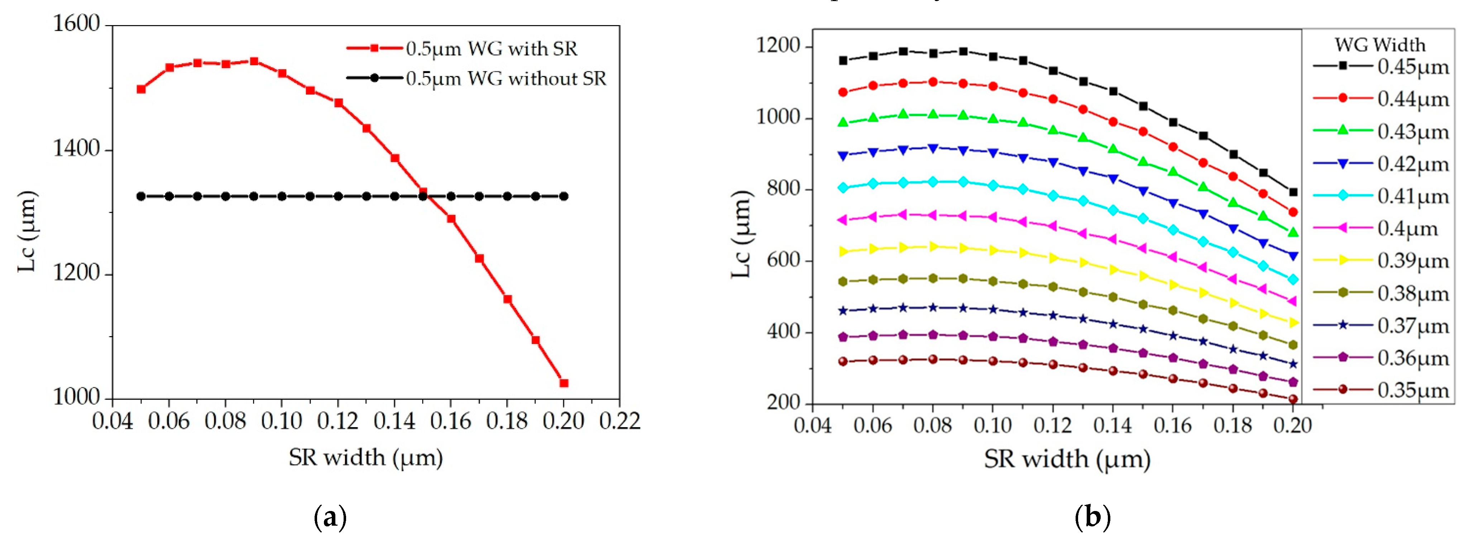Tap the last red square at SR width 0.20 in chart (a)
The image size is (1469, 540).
tap(564, 383)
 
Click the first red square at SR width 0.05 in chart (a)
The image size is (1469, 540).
tap(141, 89)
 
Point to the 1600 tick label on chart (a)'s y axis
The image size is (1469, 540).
tap(76, 24)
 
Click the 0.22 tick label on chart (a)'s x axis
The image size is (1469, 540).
tap(619, 421)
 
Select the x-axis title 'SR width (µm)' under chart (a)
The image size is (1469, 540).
tap(365, 457)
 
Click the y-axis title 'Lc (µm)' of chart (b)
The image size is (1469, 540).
tap(741, 234)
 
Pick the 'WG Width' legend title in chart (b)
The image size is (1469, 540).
tap(1379, 44)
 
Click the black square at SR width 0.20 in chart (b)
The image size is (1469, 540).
tap(1293, 192)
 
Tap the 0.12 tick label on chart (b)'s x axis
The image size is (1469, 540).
tap(1052, 425)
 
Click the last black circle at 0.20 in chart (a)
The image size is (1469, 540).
tap(564, 196)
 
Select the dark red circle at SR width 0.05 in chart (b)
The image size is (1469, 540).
tap(843, 362)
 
